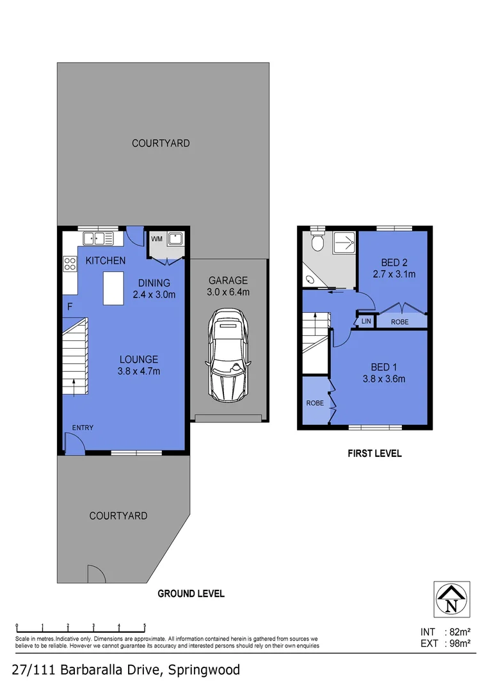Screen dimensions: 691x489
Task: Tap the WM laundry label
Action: [157, 239]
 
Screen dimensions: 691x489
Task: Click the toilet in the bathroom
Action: [317, 243]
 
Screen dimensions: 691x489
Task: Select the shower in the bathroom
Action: [344, 242]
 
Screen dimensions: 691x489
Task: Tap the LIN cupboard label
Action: [366, 321]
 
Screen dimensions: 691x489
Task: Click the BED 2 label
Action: [394, 262]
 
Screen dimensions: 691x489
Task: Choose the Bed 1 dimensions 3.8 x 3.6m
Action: [384, 379]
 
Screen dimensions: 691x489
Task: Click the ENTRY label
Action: [83, 427]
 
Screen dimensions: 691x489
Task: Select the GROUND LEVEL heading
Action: [191, 594]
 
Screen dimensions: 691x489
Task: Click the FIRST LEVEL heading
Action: [374, 454]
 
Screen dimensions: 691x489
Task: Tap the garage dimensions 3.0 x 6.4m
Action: [227, 292]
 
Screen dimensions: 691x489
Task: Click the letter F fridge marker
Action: [69, 307]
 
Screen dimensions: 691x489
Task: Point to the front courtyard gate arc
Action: [95, 574]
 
